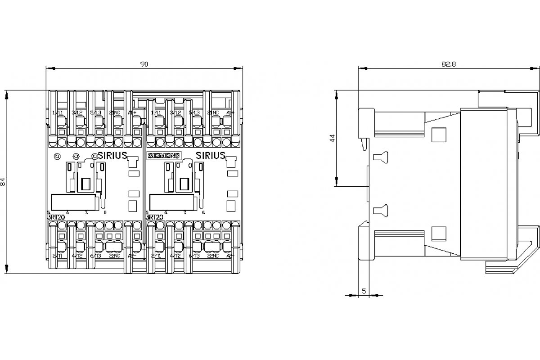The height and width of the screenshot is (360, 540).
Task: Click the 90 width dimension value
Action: tap(144, 64)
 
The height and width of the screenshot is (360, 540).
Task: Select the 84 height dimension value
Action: tap(3, 181)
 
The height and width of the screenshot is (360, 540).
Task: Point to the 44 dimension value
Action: tap(333, 138)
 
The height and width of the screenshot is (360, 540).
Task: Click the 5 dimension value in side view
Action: tap(364, 291)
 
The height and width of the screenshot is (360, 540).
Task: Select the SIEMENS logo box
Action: tap(163, 156)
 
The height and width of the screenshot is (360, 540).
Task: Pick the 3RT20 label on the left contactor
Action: tap(56, 217)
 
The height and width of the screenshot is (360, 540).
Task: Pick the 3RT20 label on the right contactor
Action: tap(154, 217)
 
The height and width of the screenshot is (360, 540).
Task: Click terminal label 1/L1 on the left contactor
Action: tap(58, 112)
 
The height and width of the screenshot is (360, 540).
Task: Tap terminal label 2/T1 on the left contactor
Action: tap(58, 256)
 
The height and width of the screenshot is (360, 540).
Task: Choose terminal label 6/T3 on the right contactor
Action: tap(194, 256)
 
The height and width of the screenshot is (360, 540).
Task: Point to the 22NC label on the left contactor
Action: tap(114, 256)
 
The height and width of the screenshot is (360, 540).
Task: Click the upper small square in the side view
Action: tap(438, 135)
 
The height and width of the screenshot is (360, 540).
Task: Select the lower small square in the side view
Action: tap(438, 233)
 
